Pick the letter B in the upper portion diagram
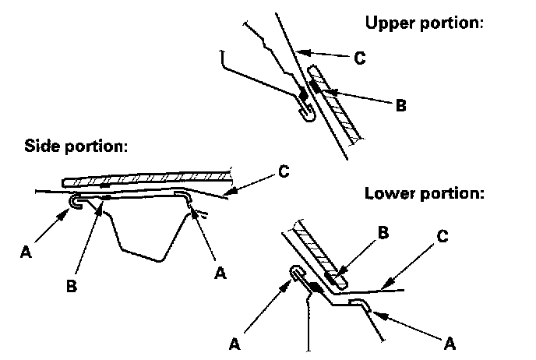[400, 105]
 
